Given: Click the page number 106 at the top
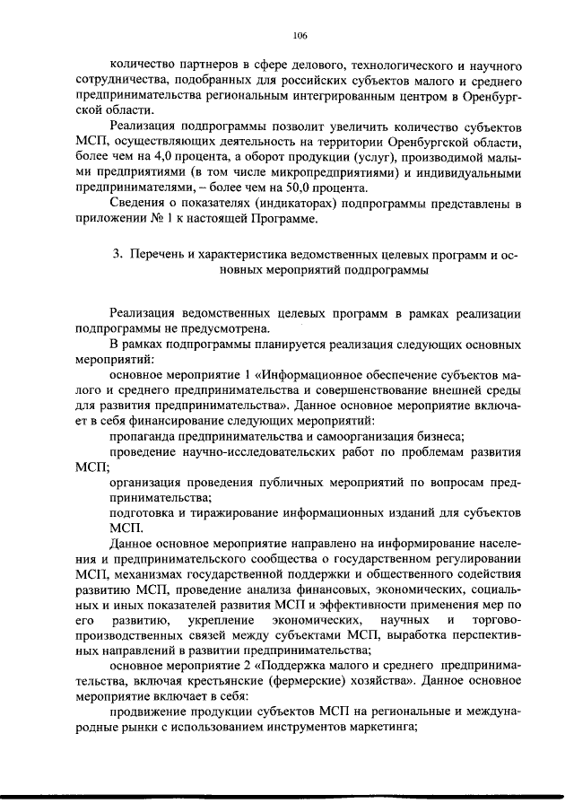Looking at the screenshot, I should click(x=300, y=36).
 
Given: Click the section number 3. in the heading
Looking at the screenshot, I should click(x=117, y=254).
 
